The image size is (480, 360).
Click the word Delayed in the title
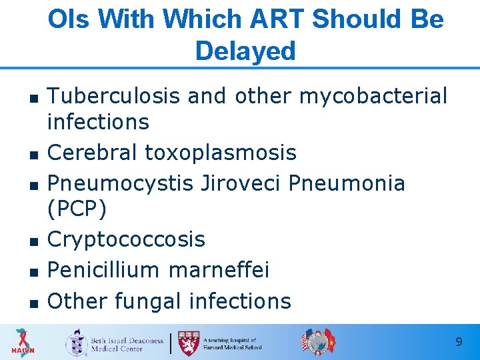(245, 51)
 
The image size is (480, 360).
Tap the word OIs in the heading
(69, 19)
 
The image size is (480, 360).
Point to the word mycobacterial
(373, 96)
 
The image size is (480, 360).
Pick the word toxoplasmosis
(221, 153)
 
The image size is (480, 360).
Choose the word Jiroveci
(243, 183)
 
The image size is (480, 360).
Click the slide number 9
(459, 342)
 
